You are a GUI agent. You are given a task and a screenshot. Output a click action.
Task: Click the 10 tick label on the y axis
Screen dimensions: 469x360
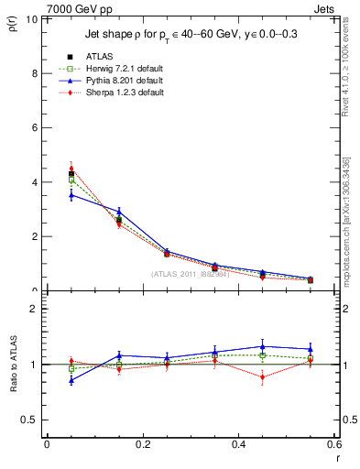pyautogui.click(x=32, y=18)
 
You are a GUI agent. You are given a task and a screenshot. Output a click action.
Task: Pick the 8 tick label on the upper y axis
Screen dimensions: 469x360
pyautogui.click(x=35, y=73)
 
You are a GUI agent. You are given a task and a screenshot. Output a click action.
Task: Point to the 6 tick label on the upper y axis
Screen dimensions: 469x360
pyautogui.click(x=35, y=127)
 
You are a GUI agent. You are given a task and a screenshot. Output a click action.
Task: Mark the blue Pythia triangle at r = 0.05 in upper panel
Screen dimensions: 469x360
pyautogui.click(x=71, y=194)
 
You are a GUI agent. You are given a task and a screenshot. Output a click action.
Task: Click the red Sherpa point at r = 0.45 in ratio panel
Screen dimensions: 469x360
pyautogui.click(x=262, y=376)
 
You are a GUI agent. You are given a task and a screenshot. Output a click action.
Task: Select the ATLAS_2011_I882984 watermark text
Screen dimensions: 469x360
pyautogui.click(x=190, y=273)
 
